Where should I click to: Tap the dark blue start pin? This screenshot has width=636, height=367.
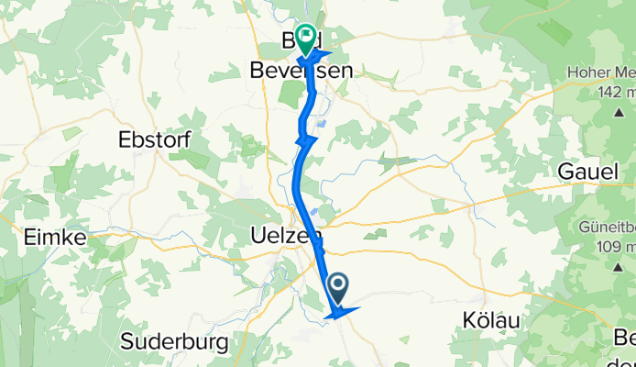pos(337,289)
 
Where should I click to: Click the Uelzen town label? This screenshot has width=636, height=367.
pos(280,236)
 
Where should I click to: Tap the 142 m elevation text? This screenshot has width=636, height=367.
pos(617,94)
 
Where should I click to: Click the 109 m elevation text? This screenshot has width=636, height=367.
pos(616,247)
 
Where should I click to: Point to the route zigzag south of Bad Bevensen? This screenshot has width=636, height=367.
pos(305,140)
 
